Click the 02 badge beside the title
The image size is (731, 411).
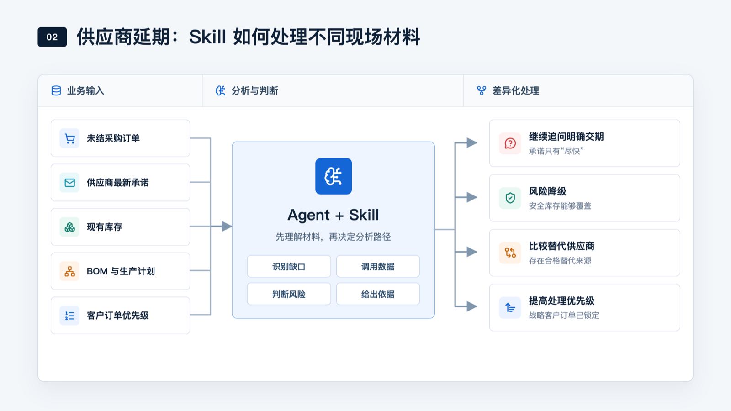(52, 37)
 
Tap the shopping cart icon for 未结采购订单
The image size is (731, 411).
(69, 138)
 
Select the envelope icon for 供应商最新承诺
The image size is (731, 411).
(69, 183)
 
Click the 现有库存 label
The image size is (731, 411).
(105, 227)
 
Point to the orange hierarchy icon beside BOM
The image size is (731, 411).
(69, 271)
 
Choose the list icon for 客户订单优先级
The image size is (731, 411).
(69, 316)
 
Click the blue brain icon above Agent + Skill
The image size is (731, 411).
(334, 176)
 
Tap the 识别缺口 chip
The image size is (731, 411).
(289, 267)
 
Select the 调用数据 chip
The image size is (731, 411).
(378, 267)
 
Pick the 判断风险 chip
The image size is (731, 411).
(289, 294)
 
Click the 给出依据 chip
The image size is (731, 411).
(378, 294)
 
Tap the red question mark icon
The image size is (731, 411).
(510, 143)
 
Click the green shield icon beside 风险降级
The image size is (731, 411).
(510, 198)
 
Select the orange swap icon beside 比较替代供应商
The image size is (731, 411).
(510, 253)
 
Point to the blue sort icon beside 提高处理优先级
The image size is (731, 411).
(510, 307)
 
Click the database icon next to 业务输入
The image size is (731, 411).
(56, 91)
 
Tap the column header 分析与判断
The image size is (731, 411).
(254, 91)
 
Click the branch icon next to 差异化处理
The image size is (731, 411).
(482, 91)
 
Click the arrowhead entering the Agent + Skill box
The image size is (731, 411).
(227, 227)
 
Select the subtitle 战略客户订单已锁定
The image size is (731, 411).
(564, 316)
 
